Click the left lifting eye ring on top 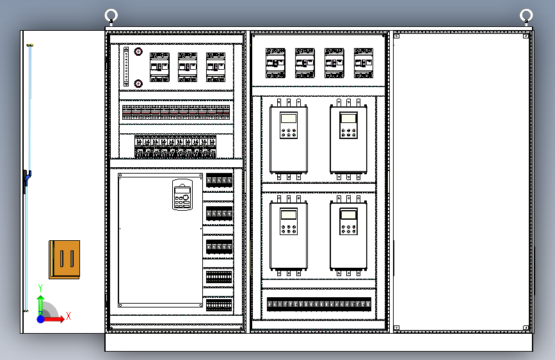(111, 15)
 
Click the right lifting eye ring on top (526, 15)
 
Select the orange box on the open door (64, 259)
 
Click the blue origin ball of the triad (41, 318)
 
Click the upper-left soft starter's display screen (289, 119)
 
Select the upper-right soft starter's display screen (348, 118)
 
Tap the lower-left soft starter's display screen (289, 215)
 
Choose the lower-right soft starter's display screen (348, 215)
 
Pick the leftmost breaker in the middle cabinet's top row (275, 63)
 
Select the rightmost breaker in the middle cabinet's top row (364, 63)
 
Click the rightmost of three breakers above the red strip (216, 67)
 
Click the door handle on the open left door (26, 180)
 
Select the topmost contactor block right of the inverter (219, 182)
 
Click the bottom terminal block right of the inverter (219, 304)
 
